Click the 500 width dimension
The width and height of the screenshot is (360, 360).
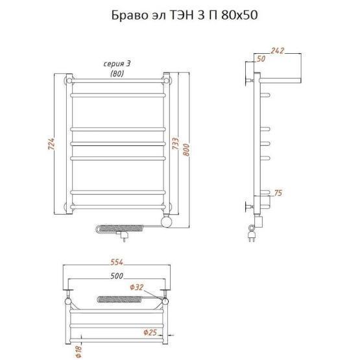coord(117,275)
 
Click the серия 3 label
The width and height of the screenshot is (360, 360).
coord(117,64)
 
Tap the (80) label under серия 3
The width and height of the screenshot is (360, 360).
coord(117,73)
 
